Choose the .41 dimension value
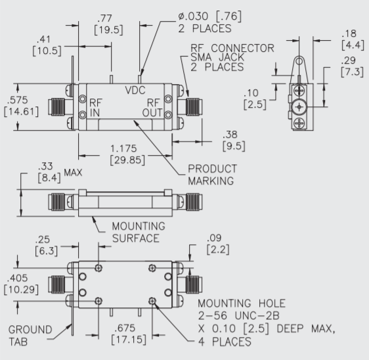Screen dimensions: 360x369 (x=44, y=39)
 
